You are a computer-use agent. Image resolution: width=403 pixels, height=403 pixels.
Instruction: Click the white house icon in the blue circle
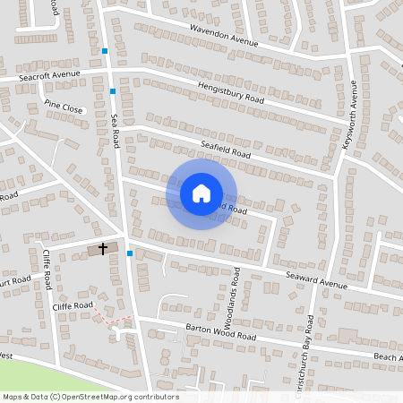click(201, 193)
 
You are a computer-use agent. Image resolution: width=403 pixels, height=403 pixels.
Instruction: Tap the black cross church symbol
click(103, 247)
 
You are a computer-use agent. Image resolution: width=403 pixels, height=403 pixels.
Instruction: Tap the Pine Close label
click(63, 107)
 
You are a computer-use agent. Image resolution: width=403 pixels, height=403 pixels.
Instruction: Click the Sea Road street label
click(115, 131)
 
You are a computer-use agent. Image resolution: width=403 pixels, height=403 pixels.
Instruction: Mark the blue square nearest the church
click(131, 253)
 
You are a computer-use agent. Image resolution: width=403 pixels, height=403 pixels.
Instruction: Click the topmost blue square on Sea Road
click(106, 51)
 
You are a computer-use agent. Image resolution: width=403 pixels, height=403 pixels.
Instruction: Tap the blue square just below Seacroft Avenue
click(113, 91)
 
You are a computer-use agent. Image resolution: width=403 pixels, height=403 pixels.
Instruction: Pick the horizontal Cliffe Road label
click(73, 305)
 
